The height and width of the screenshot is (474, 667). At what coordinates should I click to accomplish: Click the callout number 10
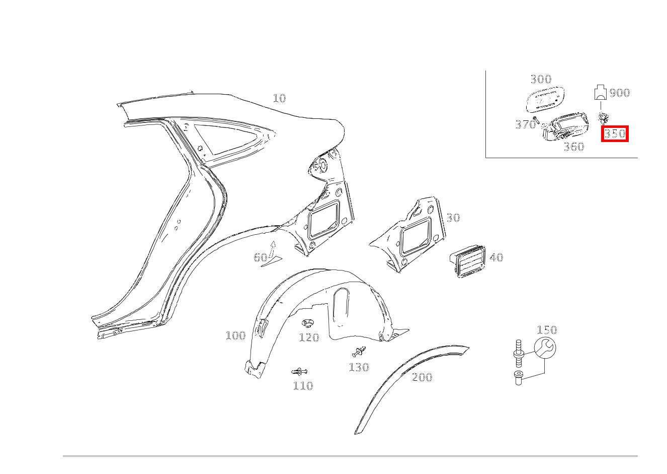coord(279,98)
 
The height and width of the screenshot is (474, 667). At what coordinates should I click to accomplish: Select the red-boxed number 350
coord(615,133)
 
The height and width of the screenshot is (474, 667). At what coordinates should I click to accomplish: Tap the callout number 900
coord(620,93)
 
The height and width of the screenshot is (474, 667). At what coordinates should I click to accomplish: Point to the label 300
coord(541,79)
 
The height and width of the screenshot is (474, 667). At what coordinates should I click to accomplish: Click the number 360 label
coord(574,147)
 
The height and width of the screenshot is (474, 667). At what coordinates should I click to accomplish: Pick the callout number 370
coord(525,124)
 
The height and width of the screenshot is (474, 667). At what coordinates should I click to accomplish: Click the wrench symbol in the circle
coord(545,348)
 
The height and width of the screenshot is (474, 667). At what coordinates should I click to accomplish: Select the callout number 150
coord(547,330)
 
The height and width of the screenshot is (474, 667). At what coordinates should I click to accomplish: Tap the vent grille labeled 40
coord(467,261)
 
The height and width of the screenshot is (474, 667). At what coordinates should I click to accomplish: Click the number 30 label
coord(453,218)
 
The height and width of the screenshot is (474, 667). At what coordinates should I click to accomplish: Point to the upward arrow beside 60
coord(272,249)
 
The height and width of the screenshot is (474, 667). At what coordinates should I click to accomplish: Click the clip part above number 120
coord(307,323)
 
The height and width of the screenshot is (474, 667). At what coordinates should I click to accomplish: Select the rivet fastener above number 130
coord(359,352)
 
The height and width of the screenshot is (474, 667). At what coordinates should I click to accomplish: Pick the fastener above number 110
coord(299,371)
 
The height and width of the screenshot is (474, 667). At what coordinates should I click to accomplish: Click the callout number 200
coord(422,377)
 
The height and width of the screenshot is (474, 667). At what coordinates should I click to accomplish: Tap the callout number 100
coord(235,335)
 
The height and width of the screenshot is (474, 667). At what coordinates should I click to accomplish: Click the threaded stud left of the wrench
coord(519,354)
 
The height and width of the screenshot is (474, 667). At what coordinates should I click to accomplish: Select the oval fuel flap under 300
coord(545,100)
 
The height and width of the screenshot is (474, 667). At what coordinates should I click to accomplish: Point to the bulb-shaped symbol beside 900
coord(600,92)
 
